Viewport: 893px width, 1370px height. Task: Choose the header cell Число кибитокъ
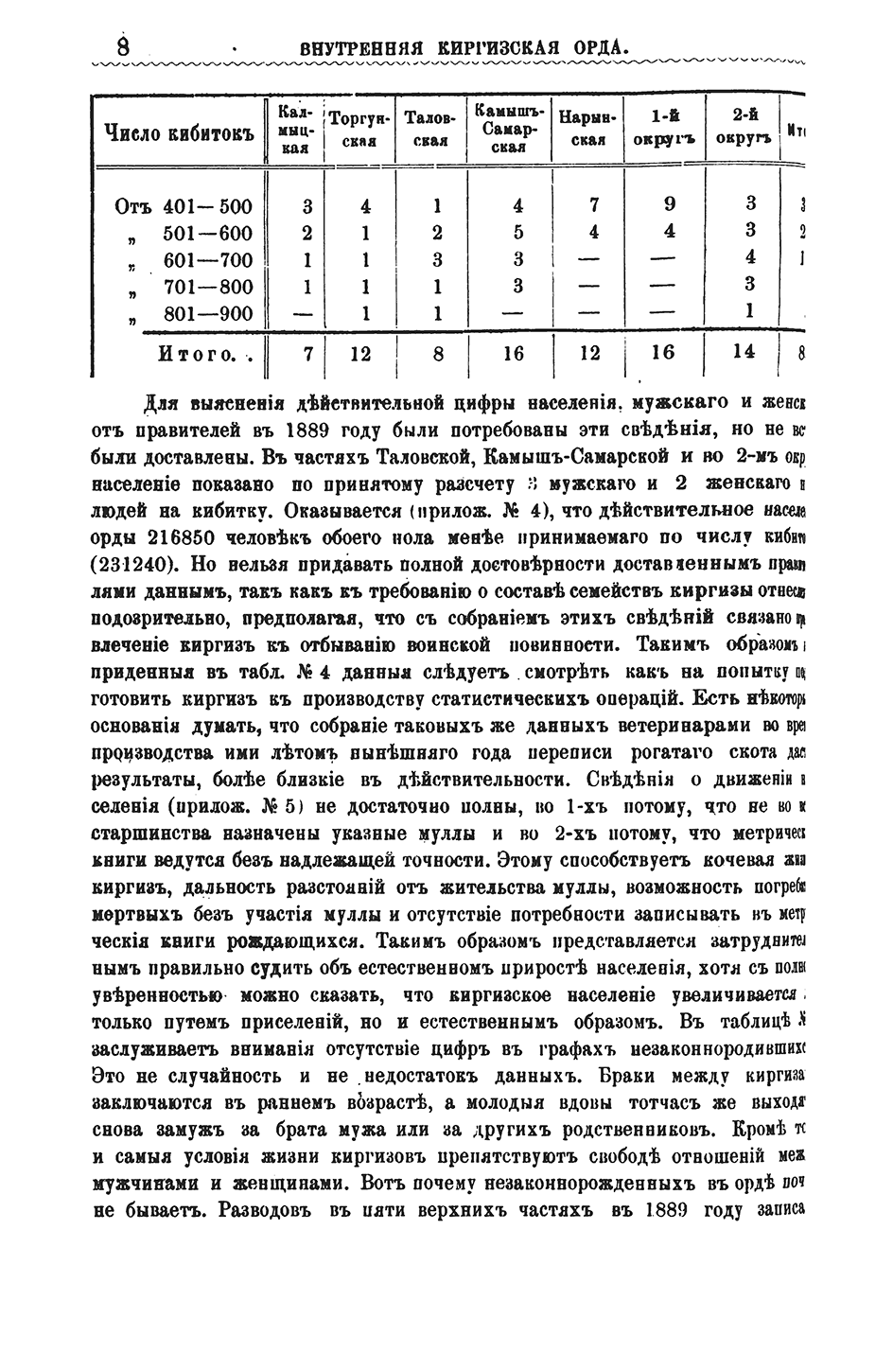pos(179,132)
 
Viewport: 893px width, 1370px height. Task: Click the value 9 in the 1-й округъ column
pos(668,206)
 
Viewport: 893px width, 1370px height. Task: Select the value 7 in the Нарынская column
pos(592,206)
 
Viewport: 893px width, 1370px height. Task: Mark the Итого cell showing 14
pos(744,353)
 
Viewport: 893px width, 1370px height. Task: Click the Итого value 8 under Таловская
pos(435,354)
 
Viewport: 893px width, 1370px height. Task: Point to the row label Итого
pos(195,354)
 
